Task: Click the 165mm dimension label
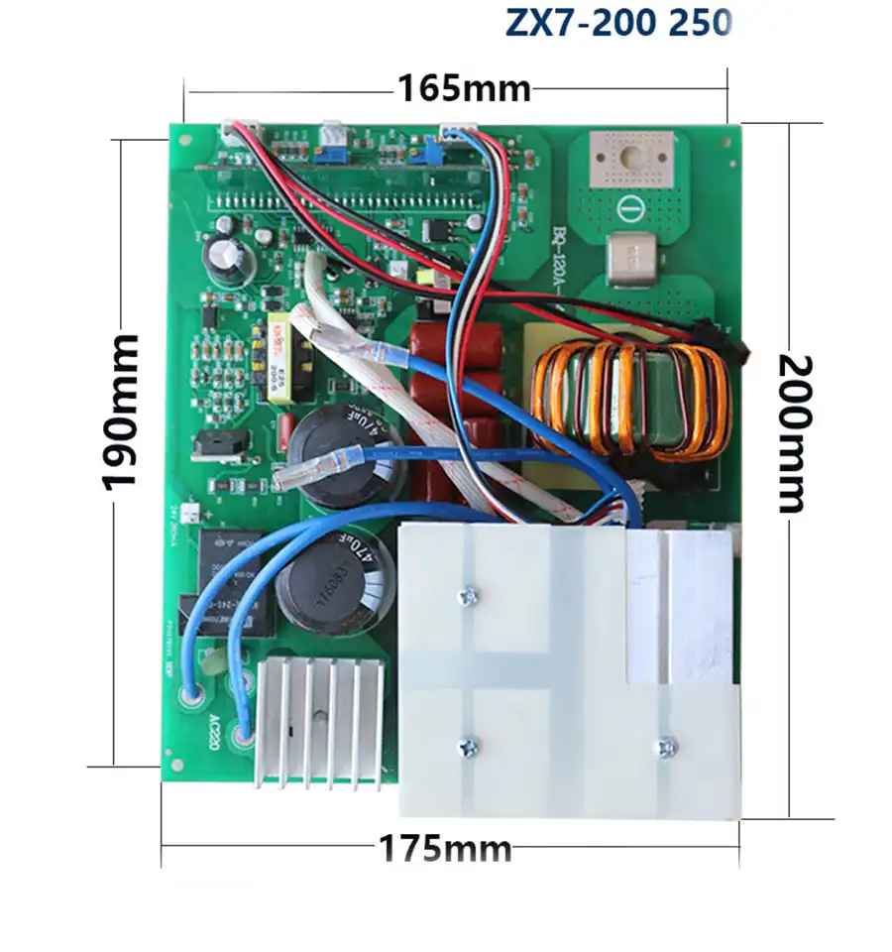[x=464, y=88]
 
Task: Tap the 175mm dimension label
[x=445, y=849]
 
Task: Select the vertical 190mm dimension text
[x=120, y=412]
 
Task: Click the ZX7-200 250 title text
[x=618, y=22]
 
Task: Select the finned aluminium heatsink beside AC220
[x=320, y=722]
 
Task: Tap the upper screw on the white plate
[x=468, y=596]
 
